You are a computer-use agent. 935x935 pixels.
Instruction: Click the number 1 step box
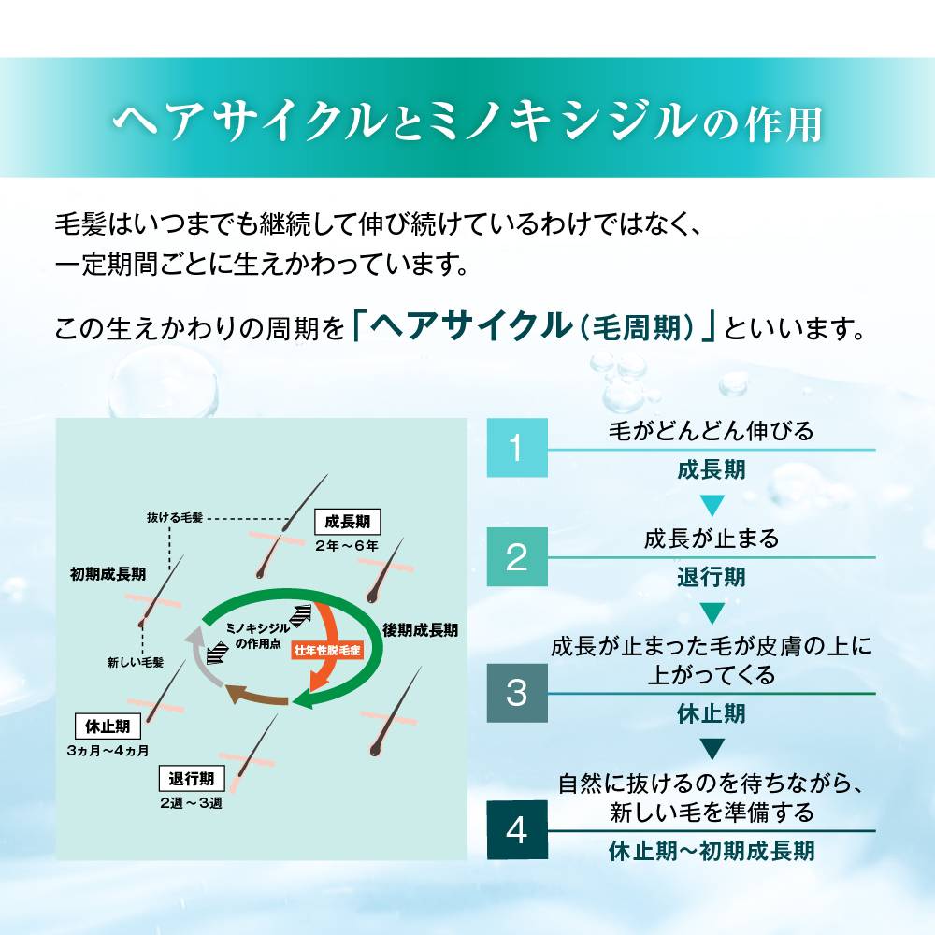point(517,447)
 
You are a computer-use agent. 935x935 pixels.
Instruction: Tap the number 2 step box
point(517,556)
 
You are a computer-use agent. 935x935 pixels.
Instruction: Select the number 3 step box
point(517,692)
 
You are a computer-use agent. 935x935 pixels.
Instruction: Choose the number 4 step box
point(517,829)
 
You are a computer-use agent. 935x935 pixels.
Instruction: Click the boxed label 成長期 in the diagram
point(347,522)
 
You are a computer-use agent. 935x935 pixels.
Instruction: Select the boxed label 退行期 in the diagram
point(192,779)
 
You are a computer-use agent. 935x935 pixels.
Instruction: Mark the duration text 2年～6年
point(347,545)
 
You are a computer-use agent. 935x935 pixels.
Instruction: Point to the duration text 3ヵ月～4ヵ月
point(108,750)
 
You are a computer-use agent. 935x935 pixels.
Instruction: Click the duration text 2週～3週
point(191,802)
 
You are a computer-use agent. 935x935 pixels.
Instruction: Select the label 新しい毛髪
point(136,662)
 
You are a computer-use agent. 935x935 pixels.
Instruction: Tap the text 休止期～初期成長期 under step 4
point(711,851)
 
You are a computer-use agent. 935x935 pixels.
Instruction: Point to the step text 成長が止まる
point(711,539)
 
